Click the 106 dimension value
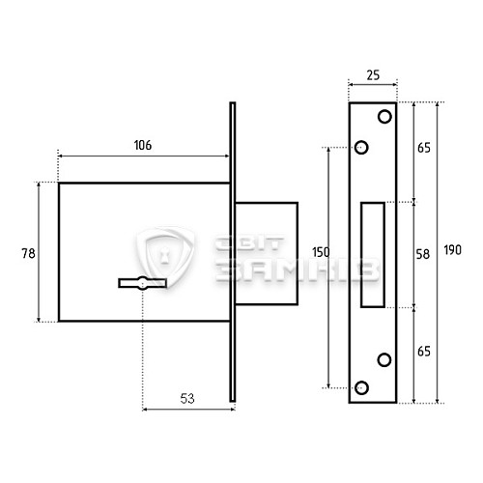point(142,145)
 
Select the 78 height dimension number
point(28,253)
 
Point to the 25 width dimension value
point(372,75)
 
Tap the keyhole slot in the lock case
point(142,283)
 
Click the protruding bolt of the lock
point(265,253)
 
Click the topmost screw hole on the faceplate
point(384,117)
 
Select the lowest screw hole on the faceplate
point(362,387)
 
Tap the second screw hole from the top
point(362,148)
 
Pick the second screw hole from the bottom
point(384,359)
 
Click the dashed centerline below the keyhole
point(142,348)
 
